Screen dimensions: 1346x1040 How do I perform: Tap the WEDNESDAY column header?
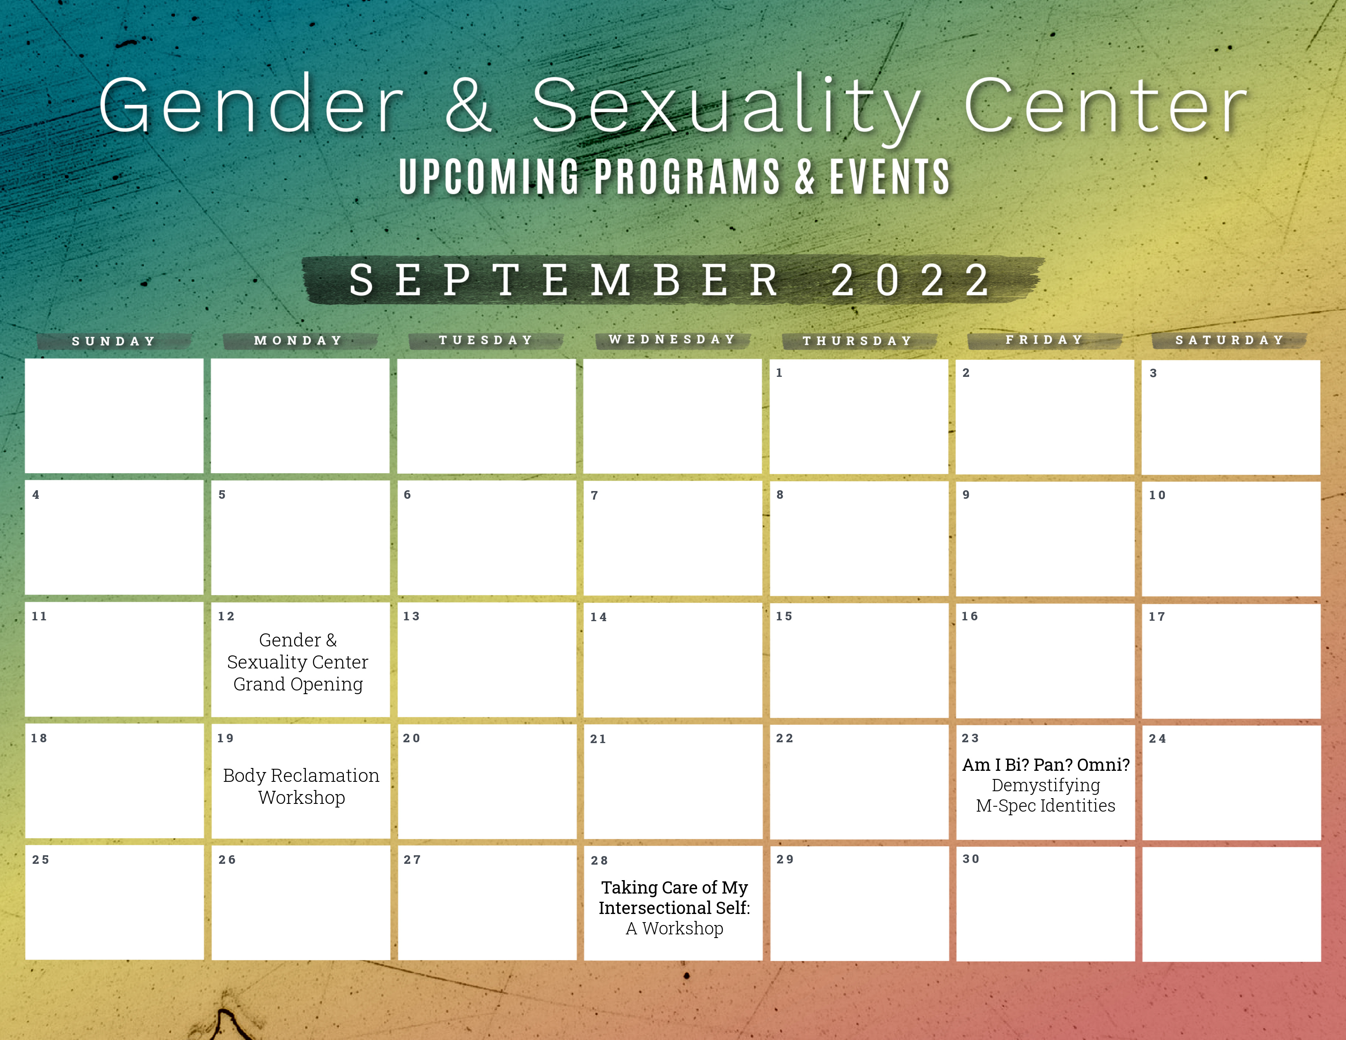[672, 339]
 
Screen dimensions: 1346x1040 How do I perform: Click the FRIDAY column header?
[1045, 339]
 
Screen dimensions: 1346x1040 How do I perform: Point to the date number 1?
[779, 373]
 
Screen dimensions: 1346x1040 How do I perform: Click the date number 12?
[226, 616]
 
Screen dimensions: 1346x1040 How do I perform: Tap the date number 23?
[970, 738]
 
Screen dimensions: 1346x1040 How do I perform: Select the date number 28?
[599, 861]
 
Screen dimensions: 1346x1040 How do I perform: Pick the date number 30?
[971, 859]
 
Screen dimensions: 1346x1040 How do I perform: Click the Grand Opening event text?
[298, 684]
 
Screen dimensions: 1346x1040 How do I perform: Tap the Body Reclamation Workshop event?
[301, 786]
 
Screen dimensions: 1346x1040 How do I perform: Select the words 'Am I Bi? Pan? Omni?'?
[1046, 765]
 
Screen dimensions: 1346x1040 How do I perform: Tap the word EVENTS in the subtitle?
[889, 177]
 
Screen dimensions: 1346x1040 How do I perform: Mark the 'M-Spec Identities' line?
[1046, 806]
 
